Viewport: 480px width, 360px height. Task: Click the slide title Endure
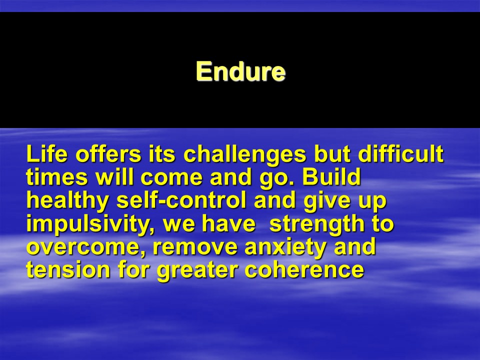click(x=240, y=71)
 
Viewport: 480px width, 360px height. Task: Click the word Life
click(x=47, y=153)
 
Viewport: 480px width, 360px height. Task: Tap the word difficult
click(x=400, y=153)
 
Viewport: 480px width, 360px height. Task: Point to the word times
click(x=56, y=177)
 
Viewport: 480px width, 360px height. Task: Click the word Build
click(x=331, y=177)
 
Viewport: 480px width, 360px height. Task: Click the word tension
click(x=68, y=270)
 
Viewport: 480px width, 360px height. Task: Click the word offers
click(x=108, y=153)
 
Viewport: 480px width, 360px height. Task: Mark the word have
click(x=228, y=223)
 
